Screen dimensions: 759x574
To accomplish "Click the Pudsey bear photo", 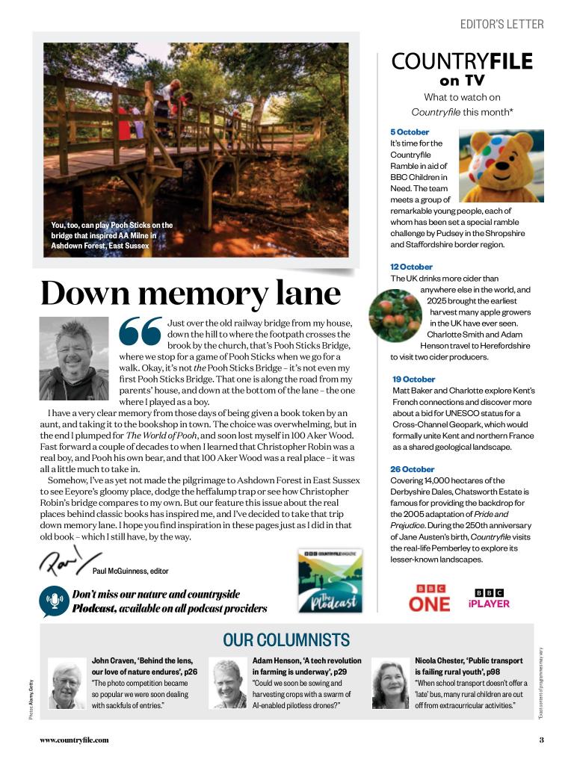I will [501, 165].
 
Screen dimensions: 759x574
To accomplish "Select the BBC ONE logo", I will [429, 598].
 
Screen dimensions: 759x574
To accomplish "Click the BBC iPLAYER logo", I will [489, 598].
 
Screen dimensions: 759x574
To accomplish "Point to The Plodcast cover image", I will [330, 581].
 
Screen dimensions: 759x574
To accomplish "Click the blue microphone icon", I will [55, 601].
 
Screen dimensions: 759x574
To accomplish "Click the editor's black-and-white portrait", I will [74, 359].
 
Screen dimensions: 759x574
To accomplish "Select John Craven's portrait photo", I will [67, 684].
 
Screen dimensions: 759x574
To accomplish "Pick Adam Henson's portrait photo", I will [227, 684].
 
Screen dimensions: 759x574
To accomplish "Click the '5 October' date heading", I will [410, 132].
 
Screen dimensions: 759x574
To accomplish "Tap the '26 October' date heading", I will [412, 469].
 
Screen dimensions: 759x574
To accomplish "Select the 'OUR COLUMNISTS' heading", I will [286, 640].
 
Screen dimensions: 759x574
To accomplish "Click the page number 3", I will [541, 740].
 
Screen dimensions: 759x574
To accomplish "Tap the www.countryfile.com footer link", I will [74, 740].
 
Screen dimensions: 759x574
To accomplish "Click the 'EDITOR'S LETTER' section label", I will [502, 25].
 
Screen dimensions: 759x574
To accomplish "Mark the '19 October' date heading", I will [413, 379].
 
